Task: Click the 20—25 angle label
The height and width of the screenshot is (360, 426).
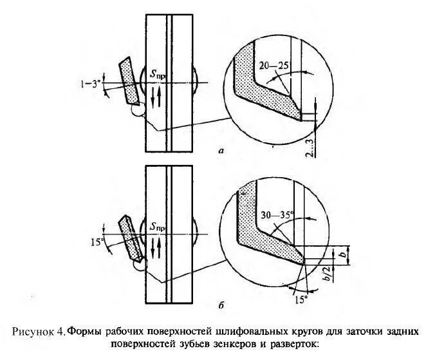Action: point(273,66)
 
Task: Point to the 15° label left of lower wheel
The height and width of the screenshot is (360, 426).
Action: point(97,243)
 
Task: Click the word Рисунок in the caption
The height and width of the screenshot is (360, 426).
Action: point(33,332)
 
